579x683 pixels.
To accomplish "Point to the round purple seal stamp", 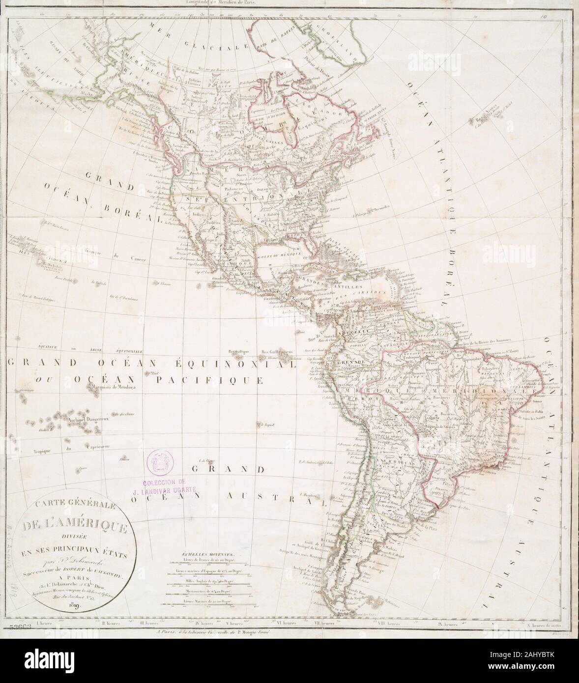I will click(x=161, y=461).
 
